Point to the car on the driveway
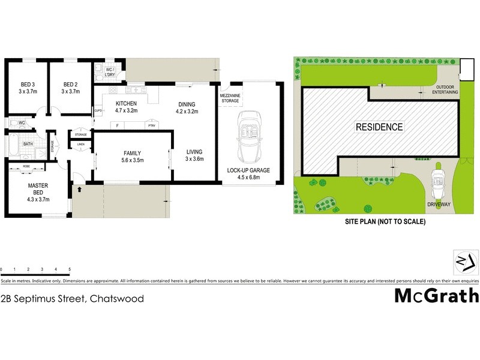(437, 179)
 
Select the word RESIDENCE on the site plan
(379, 127)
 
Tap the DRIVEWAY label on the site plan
(439, 204)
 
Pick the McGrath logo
(436, 296)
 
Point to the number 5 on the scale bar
(70, 269)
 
